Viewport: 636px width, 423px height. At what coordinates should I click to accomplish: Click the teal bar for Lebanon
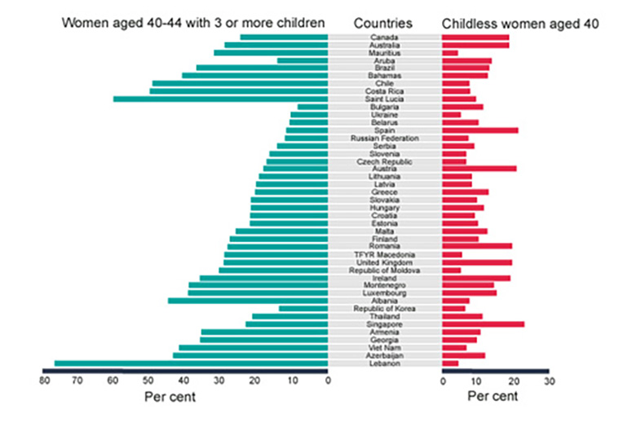[192, 364]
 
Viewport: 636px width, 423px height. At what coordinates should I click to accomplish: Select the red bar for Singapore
[483, 324]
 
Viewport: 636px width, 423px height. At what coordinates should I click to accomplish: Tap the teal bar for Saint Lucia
[220, 99]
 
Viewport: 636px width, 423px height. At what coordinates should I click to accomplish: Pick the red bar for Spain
[479, 130]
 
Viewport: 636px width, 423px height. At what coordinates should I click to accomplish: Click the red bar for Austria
[479, 169]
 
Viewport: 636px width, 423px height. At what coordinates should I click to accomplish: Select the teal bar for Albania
[248, 301]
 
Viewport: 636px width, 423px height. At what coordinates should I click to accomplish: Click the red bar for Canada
[475, 37]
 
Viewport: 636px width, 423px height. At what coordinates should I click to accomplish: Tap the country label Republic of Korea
[385, 309]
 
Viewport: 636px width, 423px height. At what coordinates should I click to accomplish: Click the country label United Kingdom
[385, 262]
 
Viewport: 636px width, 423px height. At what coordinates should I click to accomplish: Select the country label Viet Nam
[385, 348]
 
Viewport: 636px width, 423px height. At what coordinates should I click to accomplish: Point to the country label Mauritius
[385, 53]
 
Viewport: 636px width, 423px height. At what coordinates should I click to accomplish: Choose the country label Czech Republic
[385, 161]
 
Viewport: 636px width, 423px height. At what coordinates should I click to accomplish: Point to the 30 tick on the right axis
[549, 381]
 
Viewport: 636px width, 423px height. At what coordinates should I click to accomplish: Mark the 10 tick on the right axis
[478, 381]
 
